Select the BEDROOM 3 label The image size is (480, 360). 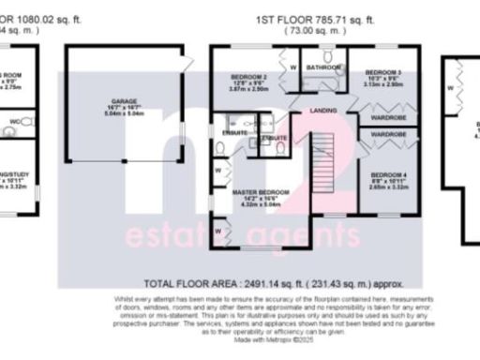coord(383,72)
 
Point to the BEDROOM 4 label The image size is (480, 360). coord(388,175)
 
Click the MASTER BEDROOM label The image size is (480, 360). coord(261,192)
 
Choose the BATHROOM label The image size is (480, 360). coord(322,67)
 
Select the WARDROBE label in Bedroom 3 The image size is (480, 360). coord(387,118)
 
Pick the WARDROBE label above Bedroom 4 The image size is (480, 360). coord(387,136)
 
